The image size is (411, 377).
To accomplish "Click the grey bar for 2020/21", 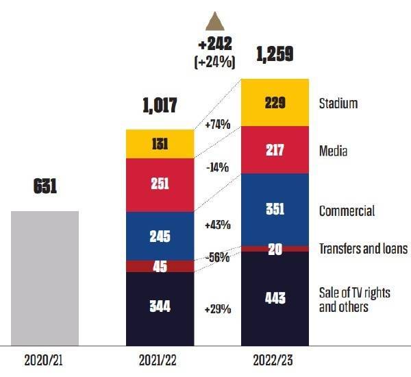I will coord(45,278).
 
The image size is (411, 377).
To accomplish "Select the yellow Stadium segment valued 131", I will coord(160,144).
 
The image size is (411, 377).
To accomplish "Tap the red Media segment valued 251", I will coord(160,185).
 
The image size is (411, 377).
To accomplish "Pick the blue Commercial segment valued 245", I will coord(160,236).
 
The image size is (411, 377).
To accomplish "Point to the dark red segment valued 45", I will coord(160,266).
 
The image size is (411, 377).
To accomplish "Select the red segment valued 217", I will coord(275,151).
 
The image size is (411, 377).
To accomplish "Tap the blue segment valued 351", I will coord(275,209).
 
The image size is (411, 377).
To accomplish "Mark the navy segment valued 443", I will coord(275,298).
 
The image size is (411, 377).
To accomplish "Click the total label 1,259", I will coord(275,53).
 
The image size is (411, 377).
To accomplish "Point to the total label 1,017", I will coord(160,106).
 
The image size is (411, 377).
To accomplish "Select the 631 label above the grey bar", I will coord(45,186).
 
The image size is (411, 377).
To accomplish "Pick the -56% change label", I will coord(217,258).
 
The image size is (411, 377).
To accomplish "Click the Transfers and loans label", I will coord(362,249).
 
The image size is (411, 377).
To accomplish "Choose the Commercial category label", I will coord(347,211).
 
